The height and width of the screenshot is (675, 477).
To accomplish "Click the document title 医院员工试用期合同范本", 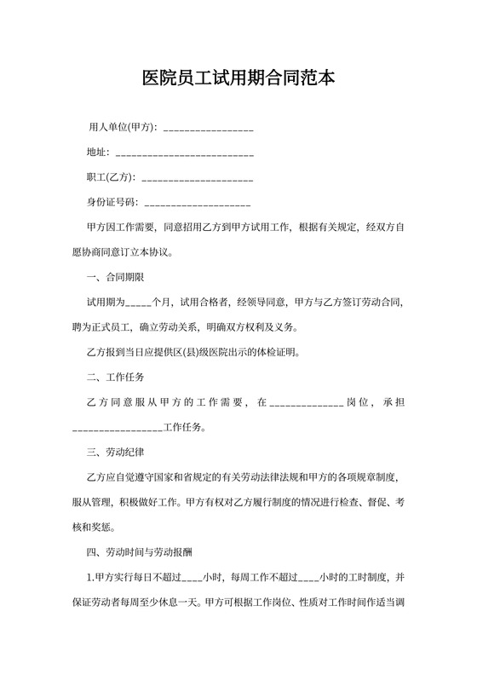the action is [x=238, y=79].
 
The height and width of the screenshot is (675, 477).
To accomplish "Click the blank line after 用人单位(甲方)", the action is [x=208, y=129].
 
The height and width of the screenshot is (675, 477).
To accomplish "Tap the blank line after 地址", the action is [x=184, y=153].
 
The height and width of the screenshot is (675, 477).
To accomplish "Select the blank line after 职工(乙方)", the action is [x=197, y=178].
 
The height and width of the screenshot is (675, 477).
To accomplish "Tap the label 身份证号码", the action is [x=112, y=203].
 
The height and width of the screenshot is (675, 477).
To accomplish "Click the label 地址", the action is [x=97, y=153].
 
